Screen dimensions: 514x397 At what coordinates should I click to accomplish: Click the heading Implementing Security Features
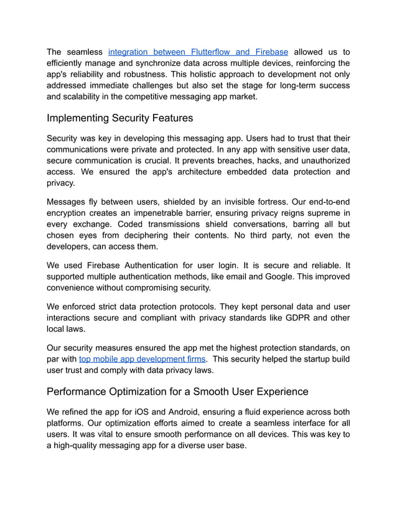pos(119,118)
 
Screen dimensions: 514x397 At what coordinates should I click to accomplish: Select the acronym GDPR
pos(284,317)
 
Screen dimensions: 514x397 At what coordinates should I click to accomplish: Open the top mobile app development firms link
pos(142,359)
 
